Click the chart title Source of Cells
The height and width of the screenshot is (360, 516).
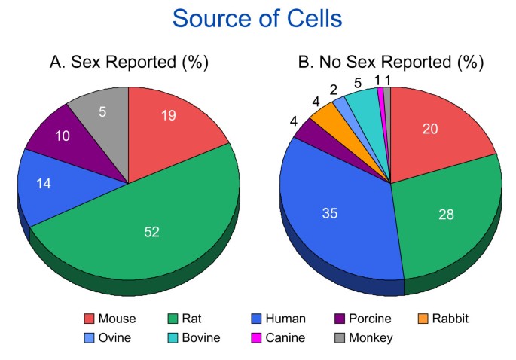click(x=258, y=18)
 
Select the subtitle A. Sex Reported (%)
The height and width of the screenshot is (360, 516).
click(x=128, y=63)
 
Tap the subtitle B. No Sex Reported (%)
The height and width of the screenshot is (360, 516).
click(x=390, y=63)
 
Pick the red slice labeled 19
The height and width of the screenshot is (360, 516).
click(x=169, y=121)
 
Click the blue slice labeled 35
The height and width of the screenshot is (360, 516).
click(x=331, y=215)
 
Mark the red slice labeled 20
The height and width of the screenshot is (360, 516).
click(x=433, y=132)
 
